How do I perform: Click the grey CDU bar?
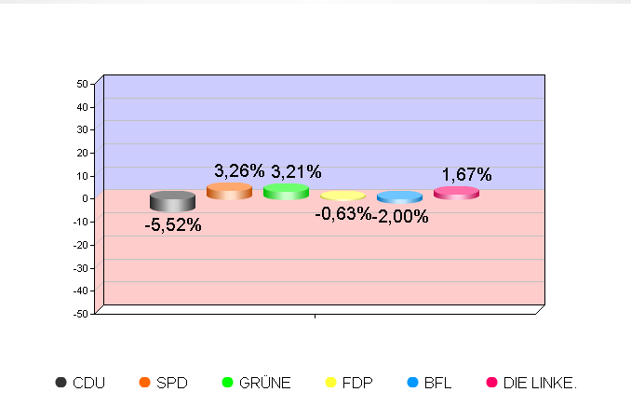(172, 201)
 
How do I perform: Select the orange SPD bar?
(229, 192)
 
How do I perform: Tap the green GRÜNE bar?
(286, 193)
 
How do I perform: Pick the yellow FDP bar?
(342, 196)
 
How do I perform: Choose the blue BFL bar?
(399, 197)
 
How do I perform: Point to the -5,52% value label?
(172, 224)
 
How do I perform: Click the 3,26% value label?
(239, 171)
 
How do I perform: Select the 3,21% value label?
(296, 171)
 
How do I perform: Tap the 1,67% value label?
(466, 174)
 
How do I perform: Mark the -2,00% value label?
(401, 216)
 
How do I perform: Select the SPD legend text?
(172, 383)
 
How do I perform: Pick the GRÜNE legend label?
(265, 383)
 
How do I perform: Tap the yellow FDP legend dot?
(329, 383)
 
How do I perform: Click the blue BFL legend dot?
(413, 383)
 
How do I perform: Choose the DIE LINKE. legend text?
(540, 383)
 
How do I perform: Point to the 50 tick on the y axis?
(82, 84)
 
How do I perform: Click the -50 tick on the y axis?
(80, 314)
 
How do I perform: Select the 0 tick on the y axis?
(85, 198)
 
